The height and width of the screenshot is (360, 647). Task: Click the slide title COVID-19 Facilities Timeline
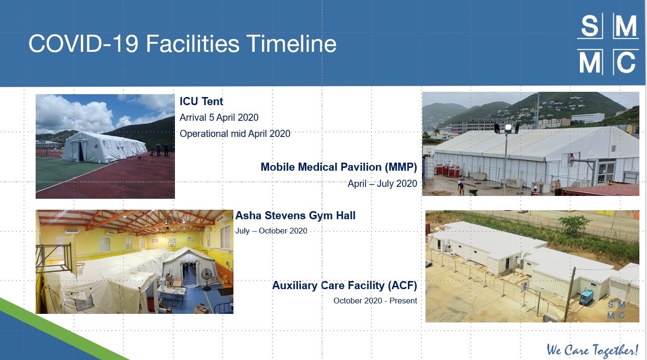pyautogui.click(x=182, y=44)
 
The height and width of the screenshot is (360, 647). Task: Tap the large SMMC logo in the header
pyautogui.click(x=608, y=44)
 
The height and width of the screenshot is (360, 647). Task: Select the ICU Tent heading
pyautogui.click(x=201, y=101)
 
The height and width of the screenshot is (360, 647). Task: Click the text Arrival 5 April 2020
pyautogui.click(x=219, y=117)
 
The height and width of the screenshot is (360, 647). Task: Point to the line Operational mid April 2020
pyautogui.click(x=235, y=134)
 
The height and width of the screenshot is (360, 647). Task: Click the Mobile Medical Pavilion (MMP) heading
pyautogui.click(x=339, y=167)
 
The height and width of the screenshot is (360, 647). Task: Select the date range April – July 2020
pyautogui.click(x=382, y=184)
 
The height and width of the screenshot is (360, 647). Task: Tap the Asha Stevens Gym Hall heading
pyautogui.click(x=295, y=215)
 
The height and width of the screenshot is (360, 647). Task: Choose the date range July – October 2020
pyautogui.click(x=271, y=231)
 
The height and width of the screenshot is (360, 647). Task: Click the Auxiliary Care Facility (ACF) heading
pyautogui.click(x=345, y=285)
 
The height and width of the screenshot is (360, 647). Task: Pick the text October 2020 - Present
pyautogui.click(x=375, y=301)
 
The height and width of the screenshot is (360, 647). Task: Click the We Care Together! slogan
pyautogui.click(x=592, y=350)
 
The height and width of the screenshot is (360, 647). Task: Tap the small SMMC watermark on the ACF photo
pyautogui.click(x=617, y=310)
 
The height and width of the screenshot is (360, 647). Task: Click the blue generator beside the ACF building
pyautogui.click(x=587, y=297)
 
